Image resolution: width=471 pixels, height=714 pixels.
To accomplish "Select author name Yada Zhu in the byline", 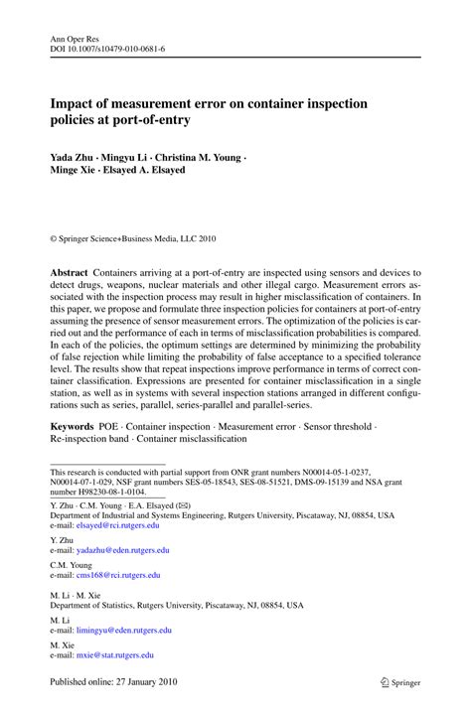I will pyautogui.click(x=76, y=156).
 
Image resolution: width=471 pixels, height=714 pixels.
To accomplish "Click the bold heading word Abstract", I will pyautogui.click(x=71, y=272).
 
